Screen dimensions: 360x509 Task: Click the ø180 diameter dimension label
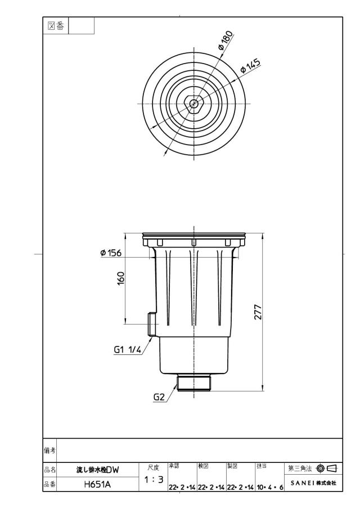tap(226, 40)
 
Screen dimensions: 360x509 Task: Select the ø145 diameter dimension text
tap(250, 66)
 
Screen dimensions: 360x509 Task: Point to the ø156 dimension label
tap(111, 253)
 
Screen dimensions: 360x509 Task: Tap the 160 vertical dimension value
tap(120, 278)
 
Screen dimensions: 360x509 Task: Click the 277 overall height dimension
tap(258, 312)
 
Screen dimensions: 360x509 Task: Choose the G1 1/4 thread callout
tap(128, 350)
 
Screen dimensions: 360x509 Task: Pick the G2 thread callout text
tap(159, 397)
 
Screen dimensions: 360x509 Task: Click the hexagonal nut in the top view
tap(194, 103)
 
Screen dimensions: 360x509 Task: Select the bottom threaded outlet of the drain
tap(194, 382)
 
